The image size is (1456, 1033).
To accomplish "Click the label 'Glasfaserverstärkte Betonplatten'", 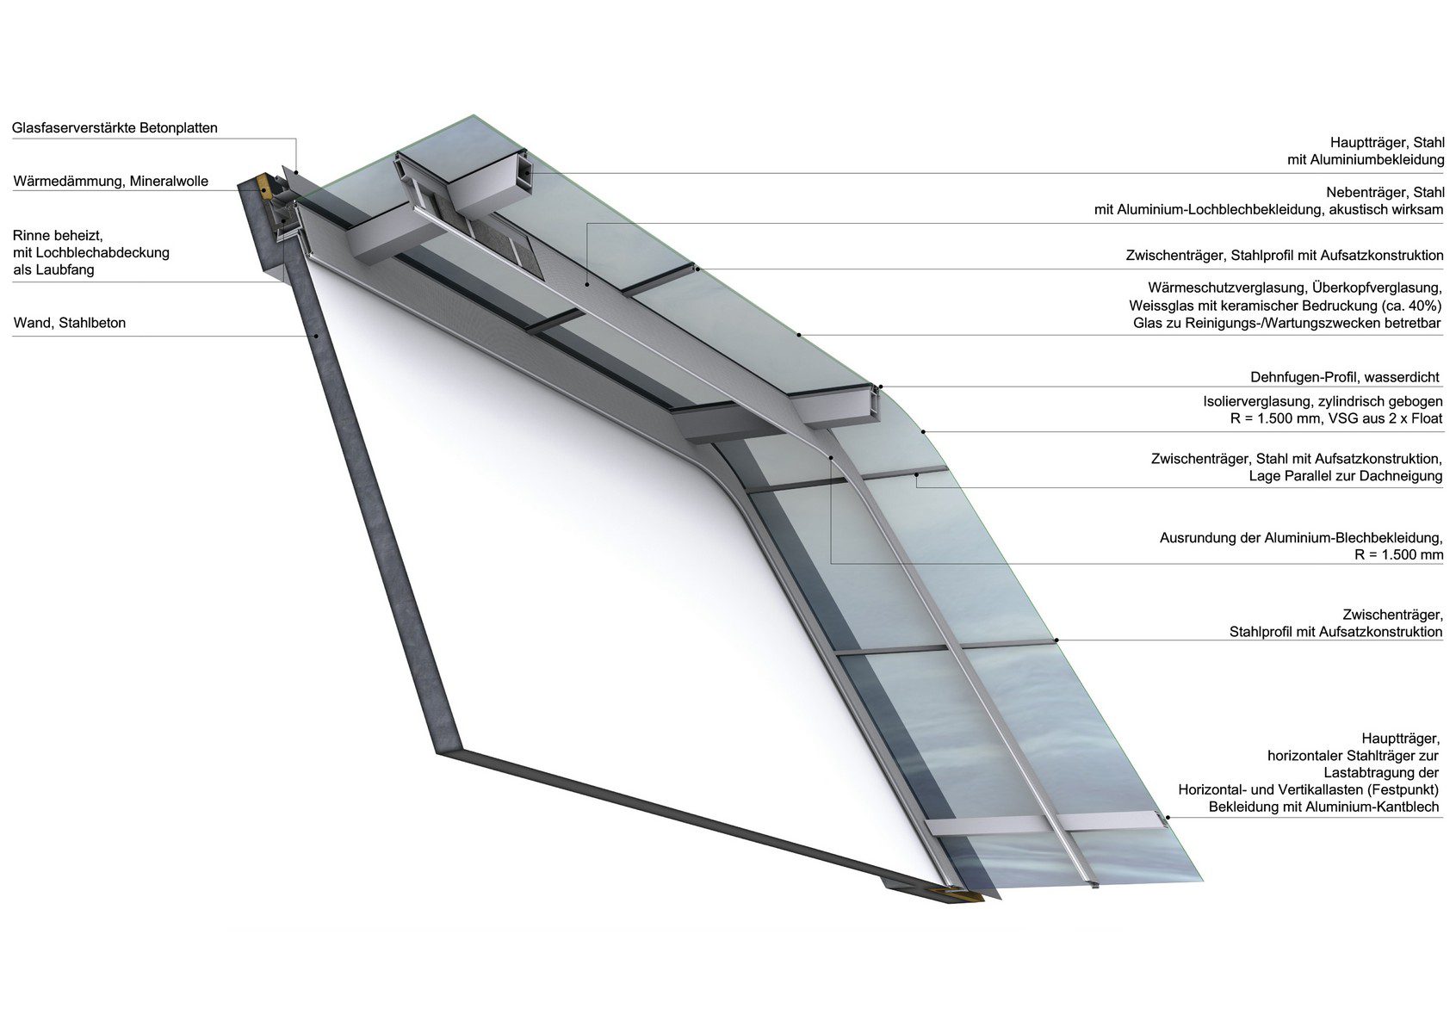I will click(x=115, y=128).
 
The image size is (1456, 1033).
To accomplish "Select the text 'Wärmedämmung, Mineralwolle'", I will click(x=111, y=182).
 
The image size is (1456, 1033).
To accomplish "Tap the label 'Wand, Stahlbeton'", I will click(x=70, y=324).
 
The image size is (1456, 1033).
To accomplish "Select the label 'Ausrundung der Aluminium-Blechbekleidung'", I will click(x=1300, y=538).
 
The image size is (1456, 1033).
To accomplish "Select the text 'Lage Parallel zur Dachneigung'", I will click(x=1346, y=476).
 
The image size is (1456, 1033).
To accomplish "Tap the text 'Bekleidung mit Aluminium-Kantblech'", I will click(x=1325, y=807).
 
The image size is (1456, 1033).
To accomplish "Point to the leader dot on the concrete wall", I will click(x=317, y=335).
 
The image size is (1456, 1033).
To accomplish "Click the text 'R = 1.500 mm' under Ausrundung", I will click(x=1398, y=555).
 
